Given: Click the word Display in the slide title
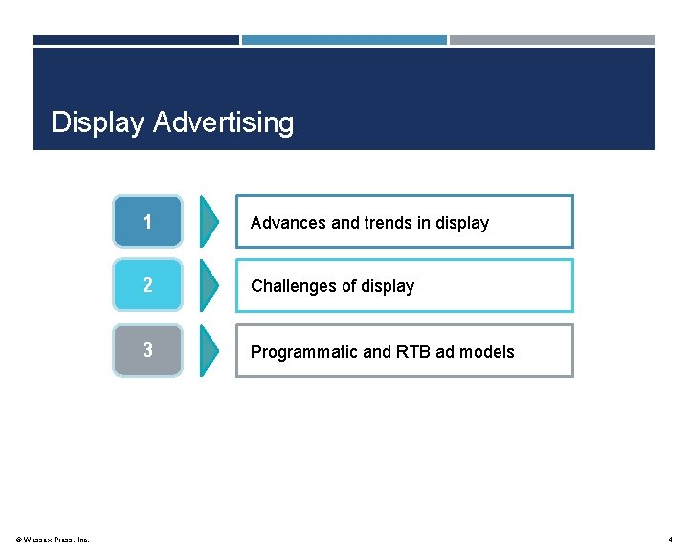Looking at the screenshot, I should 99,123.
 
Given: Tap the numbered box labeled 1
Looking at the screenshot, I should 147,222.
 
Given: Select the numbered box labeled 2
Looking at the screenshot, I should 147,285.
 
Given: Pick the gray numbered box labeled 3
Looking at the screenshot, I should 147,350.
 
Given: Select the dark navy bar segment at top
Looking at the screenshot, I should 136,40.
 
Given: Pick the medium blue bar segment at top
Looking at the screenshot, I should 344,40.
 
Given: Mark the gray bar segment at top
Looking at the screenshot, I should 552,40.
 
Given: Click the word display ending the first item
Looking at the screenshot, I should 462,223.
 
